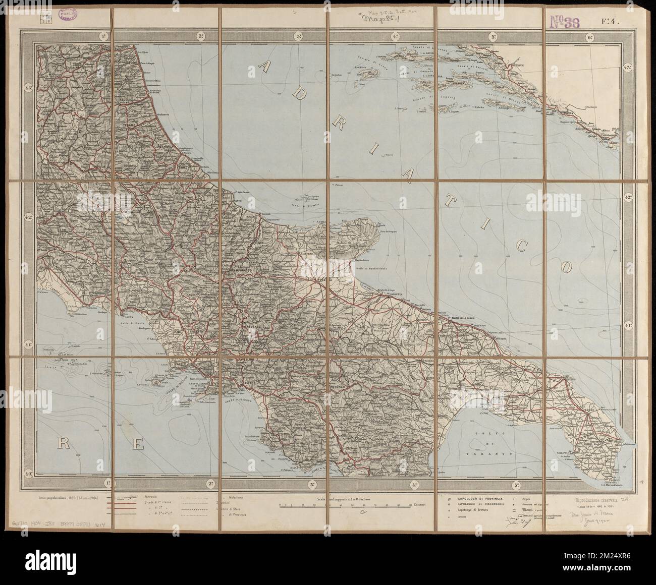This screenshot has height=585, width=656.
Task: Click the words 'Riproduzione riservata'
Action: [598, 500]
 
